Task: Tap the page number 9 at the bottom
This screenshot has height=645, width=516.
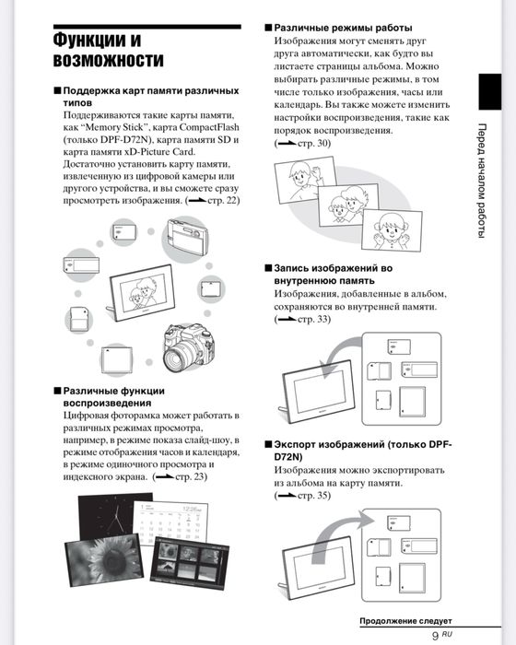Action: coord(435,636)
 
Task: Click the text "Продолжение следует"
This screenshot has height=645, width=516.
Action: coord(405,621)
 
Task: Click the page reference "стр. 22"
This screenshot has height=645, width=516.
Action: coord(222,201)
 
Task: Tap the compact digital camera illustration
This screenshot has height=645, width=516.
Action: coord(187,238)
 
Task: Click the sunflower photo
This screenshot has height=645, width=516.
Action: coord(104,558)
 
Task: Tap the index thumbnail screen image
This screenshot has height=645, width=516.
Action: coord(190,563)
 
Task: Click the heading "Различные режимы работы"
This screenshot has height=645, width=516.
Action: coord(343,28)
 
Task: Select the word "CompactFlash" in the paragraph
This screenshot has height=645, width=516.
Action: coord(209,127)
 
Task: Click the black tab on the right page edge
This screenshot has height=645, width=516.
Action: coord(489,92)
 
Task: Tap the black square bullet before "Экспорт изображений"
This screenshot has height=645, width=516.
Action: coord(268,445)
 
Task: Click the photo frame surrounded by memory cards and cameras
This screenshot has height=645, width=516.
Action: coord(141,292)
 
